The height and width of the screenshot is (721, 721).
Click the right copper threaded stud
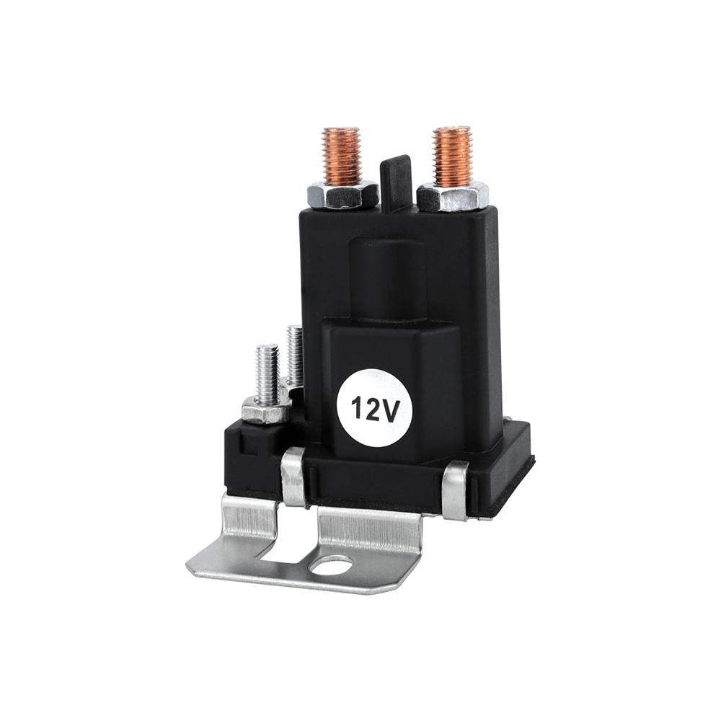[x=452, y=156]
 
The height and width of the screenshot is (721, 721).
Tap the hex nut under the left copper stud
[x=342, y=194]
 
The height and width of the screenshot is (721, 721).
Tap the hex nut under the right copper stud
[x=453, y=196]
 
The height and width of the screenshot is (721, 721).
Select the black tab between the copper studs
[x=395, y=183]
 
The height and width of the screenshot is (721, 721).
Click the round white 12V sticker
[x=375, y=408]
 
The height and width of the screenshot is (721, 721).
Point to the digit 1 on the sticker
[x=358, y=409]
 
